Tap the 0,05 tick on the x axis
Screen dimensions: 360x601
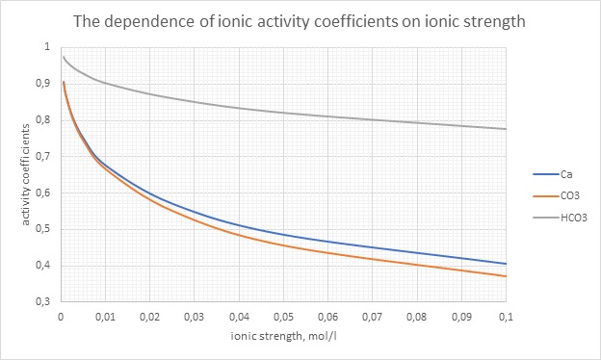pyautogui.click(x=283, y=316)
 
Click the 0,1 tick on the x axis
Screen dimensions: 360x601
pyautogui.click(x=506, y=316)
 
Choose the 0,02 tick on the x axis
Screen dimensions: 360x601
pyautogui.click(x=149, y=316)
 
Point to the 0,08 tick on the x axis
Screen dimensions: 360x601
pyautogui.click(x=417, y=316)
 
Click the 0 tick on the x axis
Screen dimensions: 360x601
pyautogui.click(x=61, y=316)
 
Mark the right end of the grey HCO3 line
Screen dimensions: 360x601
pyautogui.click(x=506, y=129)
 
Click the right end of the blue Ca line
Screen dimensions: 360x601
pyautogui.click(x=506, y=264)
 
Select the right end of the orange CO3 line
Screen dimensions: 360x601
pyautogui.click(x=506, y=276)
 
